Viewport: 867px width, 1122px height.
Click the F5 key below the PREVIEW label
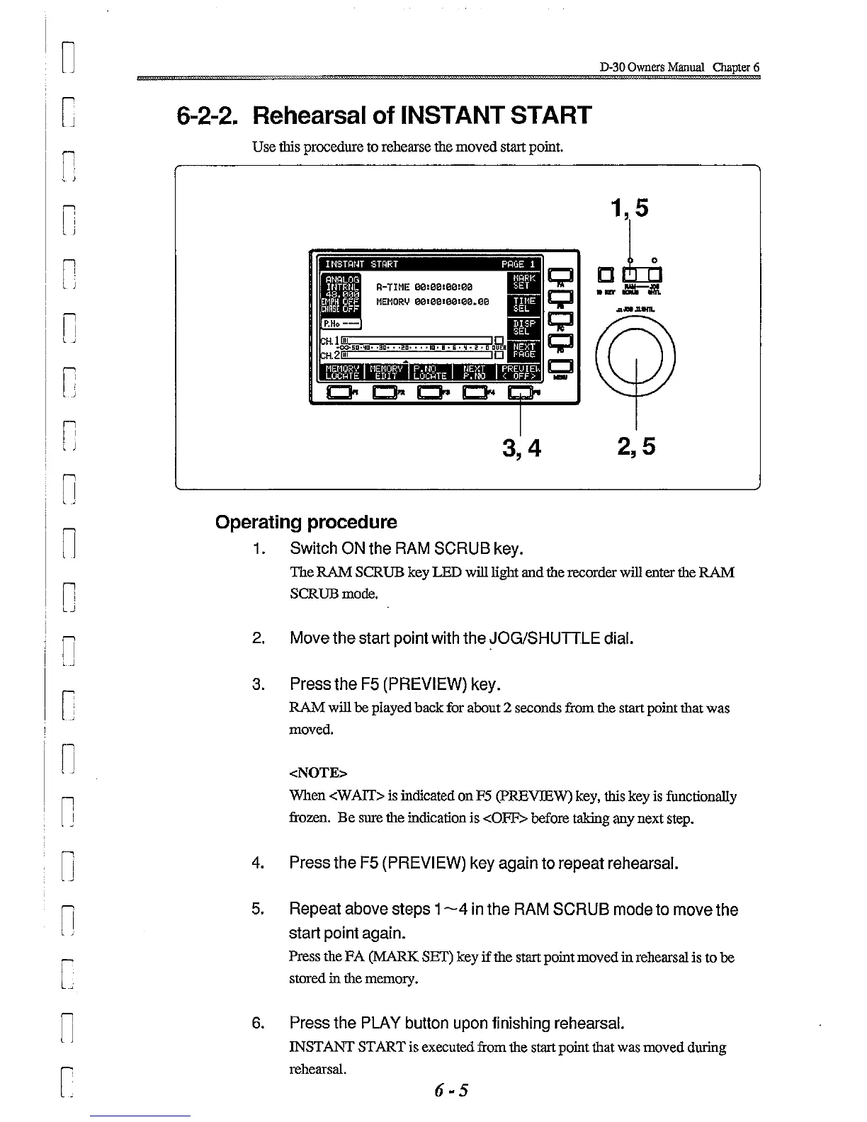click(519, 392)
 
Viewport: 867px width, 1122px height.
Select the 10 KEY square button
click(604, 273)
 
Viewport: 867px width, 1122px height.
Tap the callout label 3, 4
click(521, 448)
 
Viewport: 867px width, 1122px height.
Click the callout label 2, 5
click(636, 446)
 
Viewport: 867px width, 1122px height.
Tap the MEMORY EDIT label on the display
click(386, 372)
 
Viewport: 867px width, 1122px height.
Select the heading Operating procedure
click(306, 523)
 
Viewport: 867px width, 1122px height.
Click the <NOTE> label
click(318, 772)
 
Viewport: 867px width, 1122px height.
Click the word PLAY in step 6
click(381, 1023)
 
